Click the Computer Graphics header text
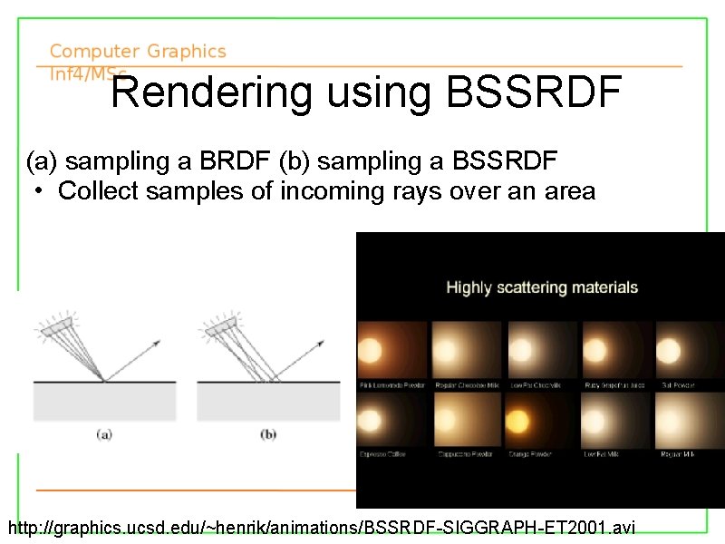click(138, 53)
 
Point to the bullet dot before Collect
click(40, 191)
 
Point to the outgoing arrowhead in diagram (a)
click(158, 343)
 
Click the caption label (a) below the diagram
click(104, 434)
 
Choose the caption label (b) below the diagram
click(268, 434)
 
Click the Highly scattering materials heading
click(542, 287)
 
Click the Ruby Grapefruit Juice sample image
click(616, 349)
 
